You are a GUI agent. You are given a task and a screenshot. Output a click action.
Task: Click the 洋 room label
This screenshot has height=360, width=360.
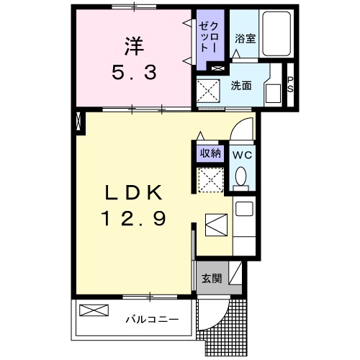pyautogui.click(x=133, y=46)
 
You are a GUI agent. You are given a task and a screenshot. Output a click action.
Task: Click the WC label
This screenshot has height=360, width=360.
pyautogui.click(x=240, y=154)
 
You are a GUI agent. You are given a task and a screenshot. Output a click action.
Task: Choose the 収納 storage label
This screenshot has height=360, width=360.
pyautogui.click(x=210, y=153)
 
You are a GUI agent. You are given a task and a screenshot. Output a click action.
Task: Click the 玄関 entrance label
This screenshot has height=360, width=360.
pyautogui.click(x=211, y=277)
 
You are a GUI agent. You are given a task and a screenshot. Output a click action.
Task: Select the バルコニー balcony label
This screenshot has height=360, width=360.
pyautogui.click(x=151, y=318)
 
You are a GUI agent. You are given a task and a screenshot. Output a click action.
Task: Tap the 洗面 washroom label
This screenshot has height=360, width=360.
pyautogui.click(x=241, y=85)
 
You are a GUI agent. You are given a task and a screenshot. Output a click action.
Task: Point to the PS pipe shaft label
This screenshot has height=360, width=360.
pyautogui.click(x=290, y=85)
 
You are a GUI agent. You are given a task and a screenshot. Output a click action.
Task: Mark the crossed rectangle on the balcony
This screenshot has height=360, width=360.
pyautogui.click(x=94, y=311)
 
